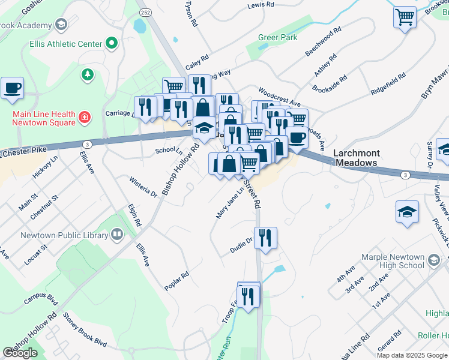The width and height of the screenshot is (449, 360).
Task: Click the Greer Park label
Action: pos(277,37)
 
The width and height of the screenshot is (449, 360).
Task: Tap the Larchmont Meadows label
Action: pos(356,158)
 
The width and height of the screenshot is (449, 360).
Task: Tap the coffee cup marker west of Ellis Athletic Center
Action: pos(12,88)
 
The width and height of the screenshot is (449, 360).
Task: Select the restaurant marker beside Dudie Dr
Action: pos(265,238)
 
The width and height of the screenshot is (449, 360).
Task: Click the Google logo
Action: pos(20,353)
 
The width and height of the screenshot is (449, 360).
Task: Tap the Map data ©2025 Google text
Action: pos(412,355)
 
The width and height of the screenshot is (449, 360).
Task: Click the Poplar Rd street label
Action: pos(177,281)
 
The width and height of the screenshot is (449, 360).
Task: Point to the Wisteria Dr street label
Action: pos(143,186)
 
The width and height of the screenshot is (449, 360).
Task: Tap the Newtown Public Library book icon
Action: pos(118,235)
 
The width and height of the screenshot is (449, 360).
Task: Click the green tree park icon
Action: pos(88,74)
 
